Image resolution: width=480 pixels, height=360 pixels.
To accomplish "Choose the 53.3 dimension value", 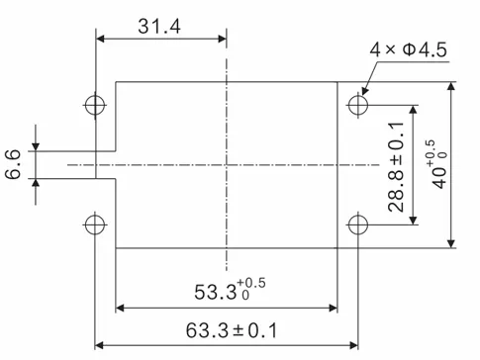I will pos(224,291).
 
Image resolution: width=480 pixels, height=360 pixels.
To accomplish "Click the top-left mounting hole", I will pos(95,104).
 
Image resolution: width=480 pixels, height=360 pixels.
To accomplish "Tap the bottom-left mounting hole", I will pos(95,224).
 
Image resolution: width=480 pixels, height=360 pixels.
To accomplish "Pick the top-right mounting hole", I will pos(357,104).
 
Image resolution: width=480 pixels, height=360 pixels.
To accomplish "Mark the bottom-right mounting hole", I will pos(357,224).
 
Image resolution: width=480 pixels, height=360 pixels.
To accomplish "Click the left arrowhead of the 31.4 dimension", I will pos(100,41).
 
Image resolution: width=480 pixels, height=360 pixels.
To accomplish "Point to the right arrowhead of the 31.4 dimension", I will pos(223,41).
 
